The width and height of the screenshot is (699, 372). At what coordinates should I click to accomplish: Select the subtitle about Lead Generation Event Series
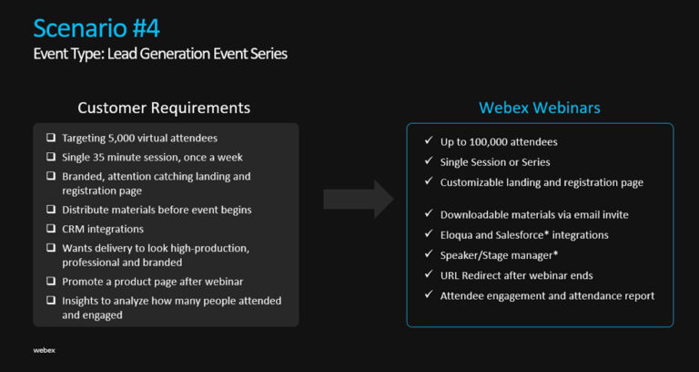point(160,54)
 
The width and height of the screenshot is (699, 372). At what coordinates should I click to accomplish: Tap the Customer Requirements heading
point(164,108)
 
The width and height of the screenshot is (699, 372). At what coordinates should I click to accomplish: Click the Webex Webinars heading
point(540,108)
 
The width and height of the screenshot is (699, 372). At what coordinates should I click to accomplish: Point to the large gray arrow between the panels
point(358,198)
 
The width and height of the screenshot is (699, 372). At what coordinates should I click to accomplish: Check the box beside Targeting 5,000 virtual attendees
point(50,138)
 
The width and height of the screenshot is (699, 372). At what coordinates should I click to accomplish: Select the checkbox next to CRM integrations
point(50,229)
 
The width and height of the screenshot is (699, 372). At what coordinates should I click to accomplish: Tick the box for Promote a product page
point(50,282)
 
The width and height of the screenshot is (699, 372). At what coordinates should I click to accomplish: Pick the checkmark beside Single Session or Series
point(428,161)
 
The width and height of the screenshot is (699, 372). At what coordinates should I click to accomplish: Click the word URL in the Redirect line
point(451,275)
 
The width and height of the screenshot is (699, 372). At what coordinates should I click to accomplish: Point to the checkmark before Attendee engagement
point(428,295)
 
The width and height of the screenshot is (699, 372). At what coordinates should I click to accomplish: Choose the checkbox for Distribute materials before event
point(50,210)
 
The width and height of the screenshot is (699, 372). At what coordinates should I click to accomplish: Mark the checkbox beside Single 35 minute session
point(50,157)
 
